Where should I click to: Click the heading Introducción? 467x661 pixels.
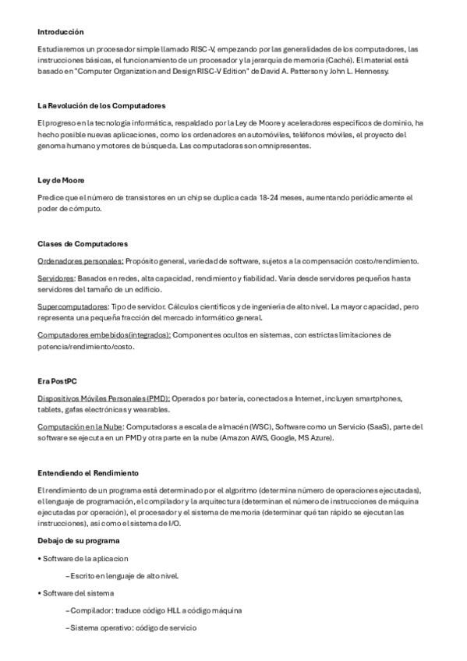coord(60,32)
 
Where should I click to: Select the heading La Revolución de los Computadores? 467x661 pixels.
coord(101,105)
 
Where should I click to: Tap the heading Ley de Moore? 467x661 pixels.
coord(61,180)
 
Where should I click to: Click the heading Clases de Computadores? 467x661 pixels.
coord(83,244)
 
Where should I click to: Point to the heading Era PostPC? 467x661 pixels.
coord(57,381)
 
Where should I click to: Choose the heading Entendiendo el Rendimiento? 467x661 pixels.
coord(88,472)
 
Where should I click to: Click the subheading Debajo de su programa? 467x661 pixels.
coord(78,540)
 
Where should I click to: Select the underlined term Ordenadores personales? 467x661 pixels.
coord(80,260)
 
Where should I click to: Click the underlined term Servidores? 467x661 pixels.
coord(56,278)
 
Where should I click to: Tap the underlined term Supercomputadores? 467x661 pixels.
coord(73,307)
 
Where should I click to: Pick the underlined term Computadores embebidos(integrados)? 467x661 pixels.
coord(104,335)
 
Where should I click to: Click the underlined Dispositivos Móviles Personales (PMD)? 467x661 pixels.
coord(103,398)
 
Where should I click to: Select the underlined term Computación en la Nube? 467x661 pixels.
coord(80,427)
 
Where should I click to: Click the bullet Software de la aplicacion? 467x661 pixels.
coord(86,558)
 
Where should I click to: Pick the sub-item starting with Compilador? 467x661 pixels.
coord(156,610)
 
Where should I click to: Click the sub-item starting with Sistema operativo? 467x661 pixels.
coord(132,627)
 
